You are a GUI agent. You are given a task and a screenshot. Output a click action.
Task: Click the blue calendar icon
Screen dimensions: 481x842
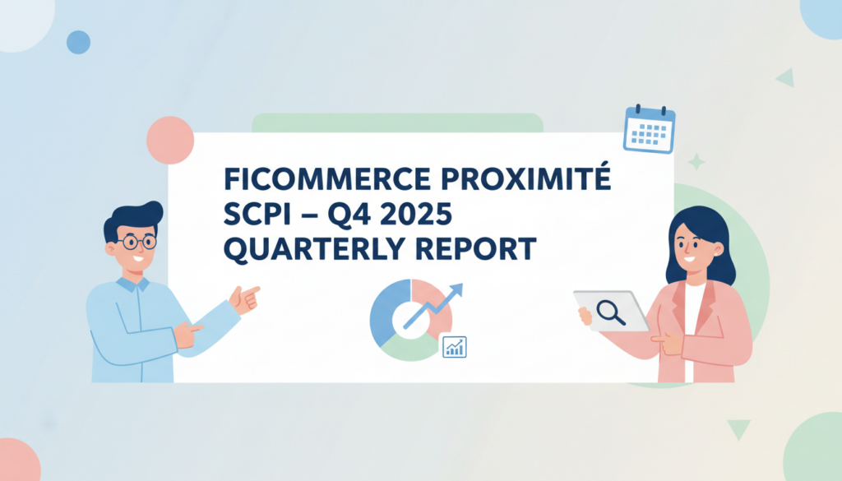649,129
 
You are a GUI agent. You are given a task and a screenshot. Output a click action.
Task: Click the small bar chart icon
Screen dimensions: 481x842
453,346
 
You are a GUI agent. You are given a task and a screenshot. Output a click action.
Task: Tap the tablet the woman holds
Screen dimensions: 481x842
609,311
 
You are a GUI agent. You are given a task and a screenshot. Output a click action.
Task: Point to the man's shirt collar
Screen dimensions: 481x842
132,284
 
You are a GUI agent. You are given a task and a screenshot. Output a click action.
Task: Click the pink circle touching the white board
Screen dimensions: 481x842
170,140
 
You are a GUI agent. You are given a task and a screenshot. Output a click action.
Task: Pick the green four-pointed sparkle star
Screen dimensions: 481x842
696,162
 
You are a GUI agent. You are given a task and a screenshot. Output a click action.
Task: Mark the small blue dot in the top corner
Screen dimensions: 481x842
78,42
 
